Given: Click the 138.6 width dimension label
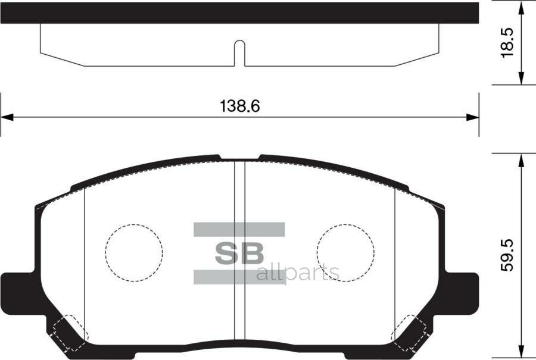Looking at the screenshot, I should click(x=241, y=107).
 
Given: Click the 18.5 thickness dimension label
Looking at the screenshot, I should click(x=507, y=42).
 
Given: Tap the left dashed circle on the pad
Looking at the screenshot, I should click(x=134, y=252).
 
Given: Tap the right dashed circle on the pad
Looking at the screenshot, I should click(x=345, y=252).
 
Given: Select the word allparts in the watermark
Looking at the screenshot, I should click(x=297, y=273).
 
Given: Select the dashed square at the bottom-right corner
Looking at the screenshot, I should click(x=410, y=331).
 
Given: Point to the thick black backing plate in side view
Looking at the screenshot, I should click(x=239, y=12).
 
